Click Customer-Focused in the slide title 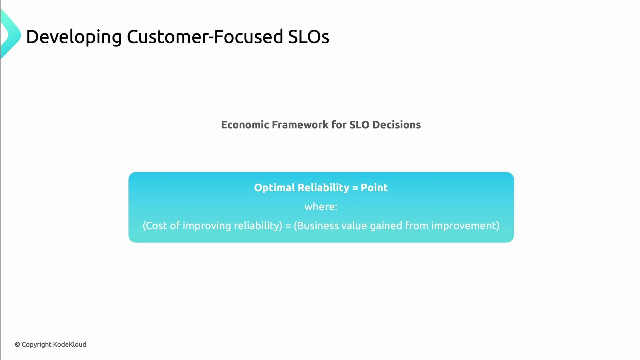[x=205, y=37]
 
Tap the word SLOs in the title [x=308, y=37]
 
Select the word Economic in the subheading [x=245, y=125]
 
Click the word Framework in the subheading [x=300, y=125]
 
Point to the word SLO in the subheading [x=359, y=125]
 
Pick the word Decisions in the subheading [x=396, y=125]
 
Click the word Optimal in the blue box [x=274, y=188]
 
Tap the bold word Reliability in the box [x=323, y=188]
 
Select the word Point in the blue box [x=374, y=188]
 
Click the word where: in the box [x=321, y=207]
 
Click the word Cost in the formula [x=156, y=226]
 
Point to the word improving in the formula [x=207, y=226]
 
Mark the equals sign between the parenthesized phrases [x=288, y=226]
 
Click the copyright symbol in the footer [x=17, y=345]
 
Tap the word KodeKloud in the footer [x=70, y=344]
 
